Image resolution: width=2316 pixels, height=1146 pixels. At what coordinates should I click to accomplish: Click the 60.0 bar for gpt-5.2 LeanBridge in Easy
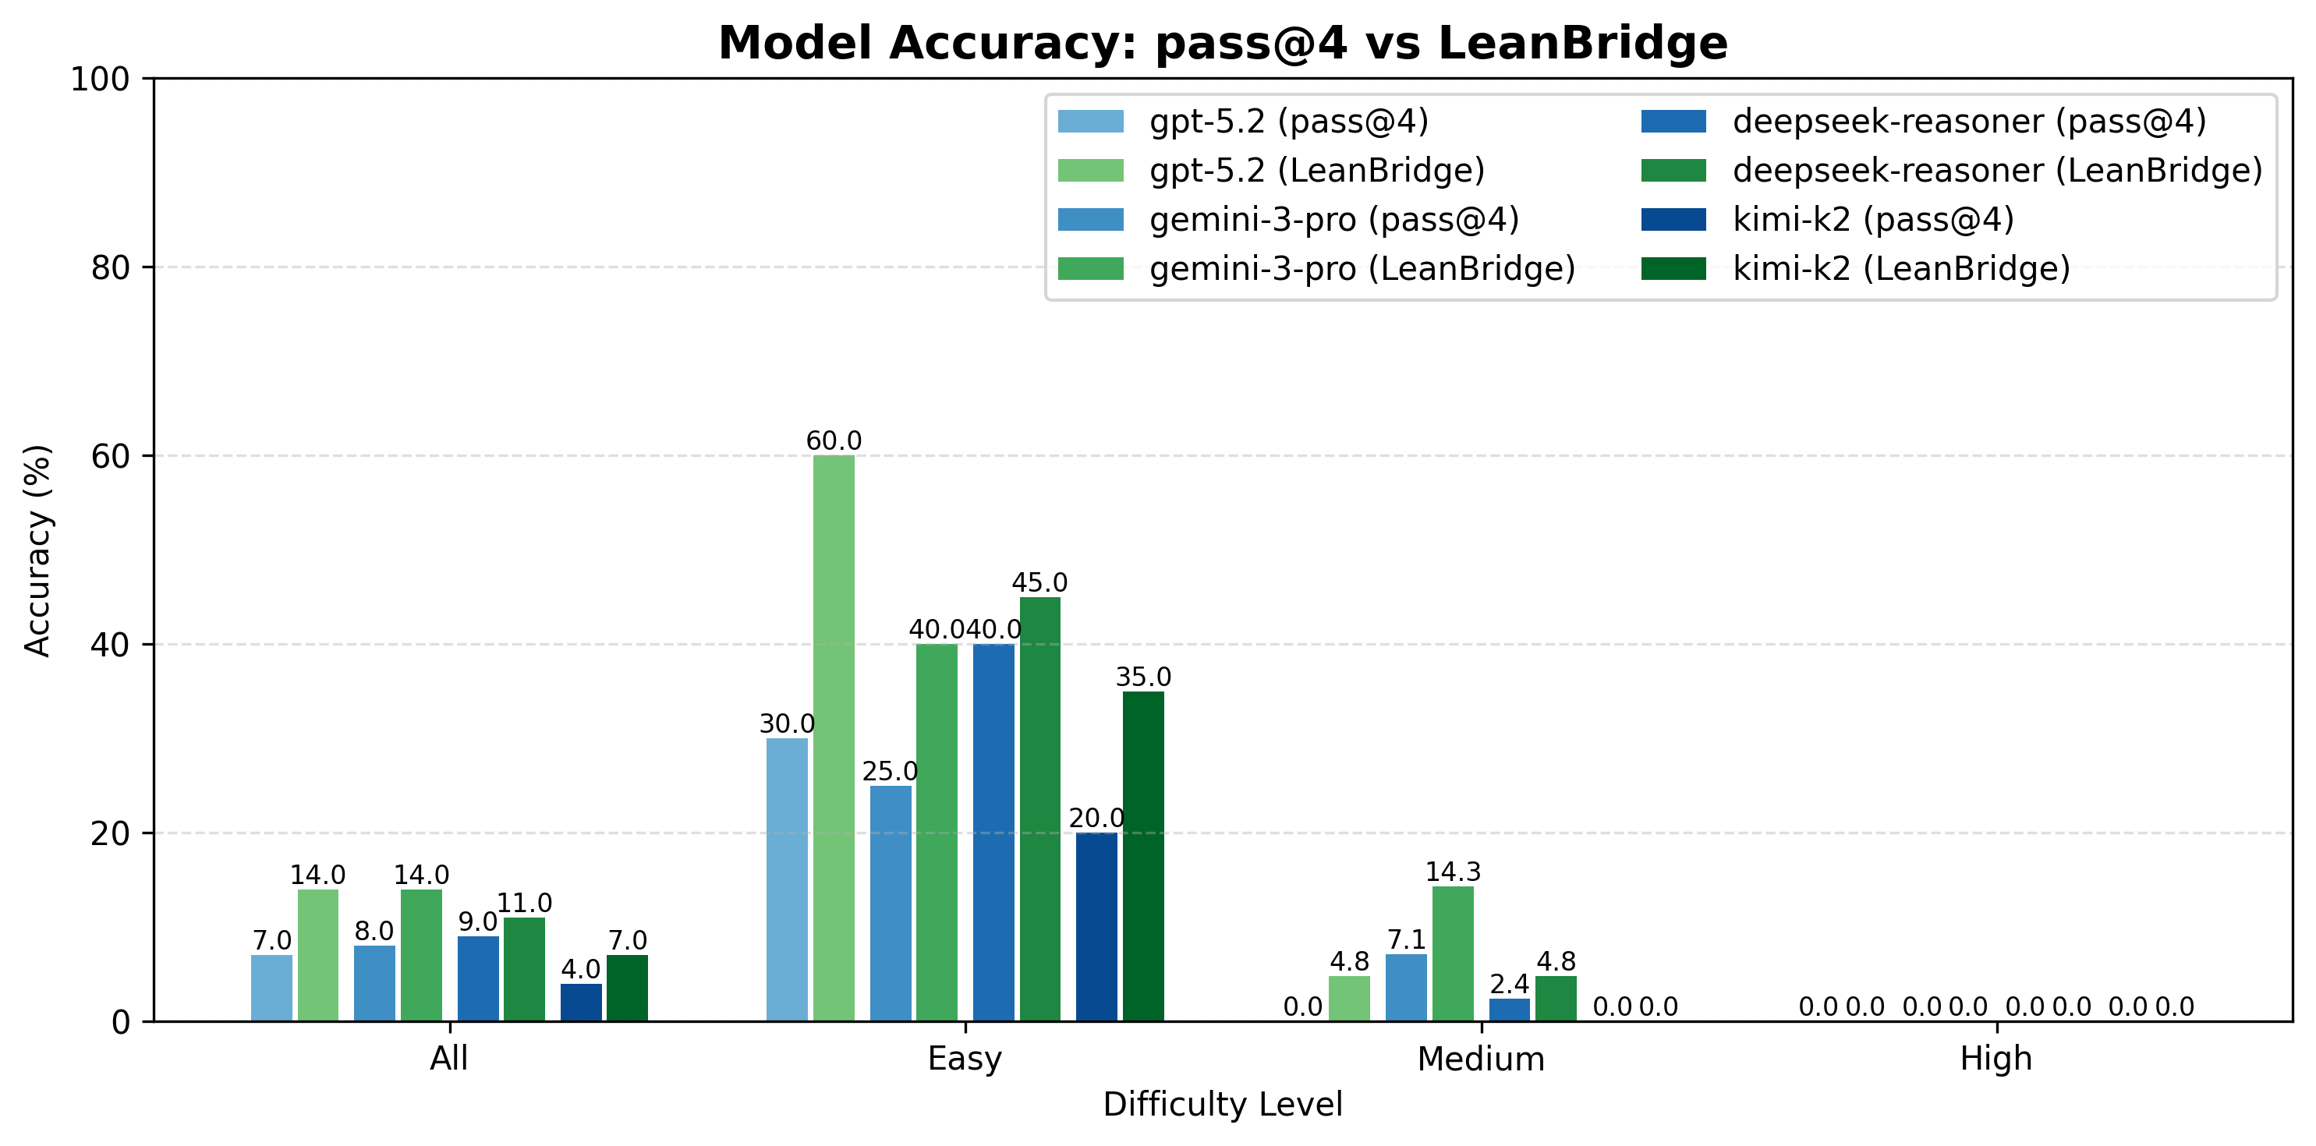pos(834,737)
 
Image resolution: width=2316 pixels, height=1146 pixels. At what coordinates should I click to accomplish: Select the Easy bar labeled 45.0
pos(1039,809)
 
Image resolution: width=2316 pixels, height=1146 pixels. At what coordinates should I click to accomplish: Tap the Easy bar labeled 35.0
pos(1142,856)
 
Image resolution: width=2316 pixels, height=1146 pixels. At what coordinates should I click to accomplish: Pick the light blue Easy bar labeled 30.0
pos(787,879)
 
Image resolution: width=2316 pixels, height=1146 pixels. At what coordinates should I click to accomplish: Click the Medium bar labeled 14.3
pos(1452,953)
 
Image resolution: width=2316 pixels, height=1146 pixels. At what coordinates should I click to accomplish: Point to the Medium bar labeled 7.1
pos(1405,988)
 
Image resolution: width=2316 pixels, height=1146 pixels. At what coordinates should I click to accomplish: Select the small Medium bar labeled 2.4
pos(1509,1010)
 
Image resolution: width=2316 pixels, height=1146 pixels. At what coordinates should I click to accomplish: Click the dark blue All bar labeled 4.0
pos(581,1003)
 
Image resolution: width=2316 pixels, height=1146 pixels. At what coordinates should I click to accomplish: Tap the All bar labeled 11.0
pos(524,969)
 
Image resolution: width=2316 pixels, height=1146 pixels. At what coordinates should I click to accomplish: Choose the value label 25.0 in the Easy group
pos(889,771)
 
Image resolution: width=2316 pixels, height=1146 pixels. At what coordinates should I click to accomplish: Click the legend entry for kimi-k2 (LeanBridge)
pos(1900,269)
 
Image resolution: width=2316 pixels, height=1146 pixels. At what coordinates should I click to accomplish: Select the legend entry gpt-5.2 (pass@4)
pos(1287,122)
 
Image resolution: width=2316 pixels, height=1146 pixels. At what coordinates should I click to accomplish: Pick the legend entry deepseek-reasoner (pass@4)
pos(1968,122)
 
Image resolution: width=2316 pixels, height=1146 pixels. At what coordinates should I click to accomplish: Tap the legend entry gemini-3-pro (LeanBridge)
pos(1362,269)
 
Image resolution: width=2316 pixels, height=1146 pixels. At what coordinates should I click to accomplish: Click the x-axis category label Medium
pos(1480,1058)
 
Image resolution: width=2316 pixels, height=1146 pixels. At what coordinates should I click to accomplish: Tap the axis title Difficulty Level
pos(1222,1104)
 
